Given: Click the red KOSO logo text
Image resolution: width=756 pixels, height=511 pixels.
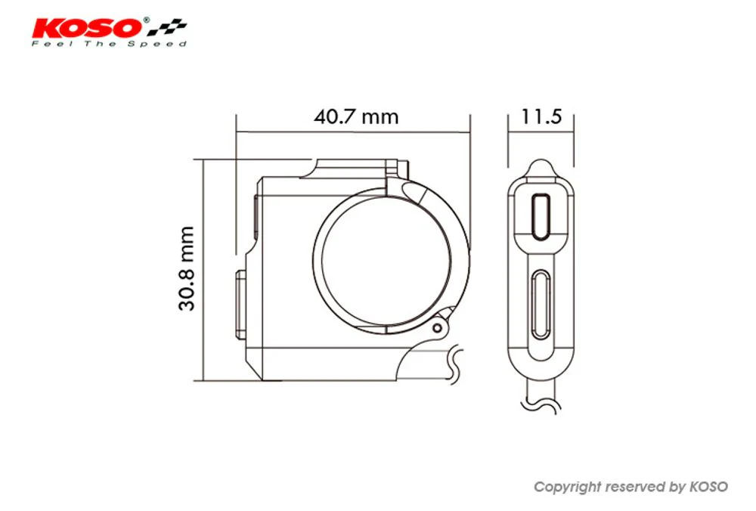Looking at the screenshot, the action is click(88, 28).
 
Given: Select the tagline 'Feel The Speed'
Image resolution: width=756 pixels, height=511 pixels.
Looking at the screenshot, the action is click(109, 44).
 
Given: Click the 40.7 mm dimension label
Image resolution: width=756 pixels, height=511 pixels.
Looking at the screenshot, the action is click(356, 116).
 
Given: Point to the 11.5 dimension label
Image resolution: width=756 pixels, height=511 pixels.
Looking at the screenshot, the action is click(541, 116).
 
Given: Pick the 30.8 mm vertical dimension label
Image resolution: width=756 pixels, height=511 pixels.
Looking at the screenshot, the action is click(187, 268).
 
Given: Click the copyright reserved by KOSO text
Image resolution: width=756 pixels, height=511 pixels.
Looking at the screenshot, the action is click(631, 487).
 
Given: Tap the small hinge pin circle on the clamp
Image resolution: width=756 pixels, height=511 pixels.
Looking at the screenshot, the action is click(437, 328).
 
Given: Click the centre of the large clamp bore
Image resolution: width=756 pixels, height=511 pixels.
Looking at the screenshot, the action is click(386, 261).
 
